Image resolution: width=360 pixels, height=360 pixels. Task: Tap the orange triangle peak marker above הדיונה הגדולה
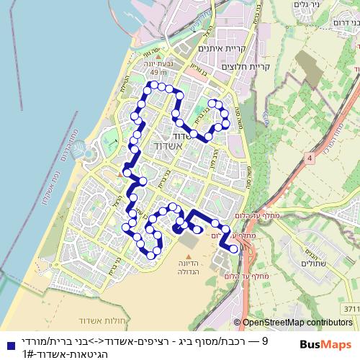(x=190, y=256)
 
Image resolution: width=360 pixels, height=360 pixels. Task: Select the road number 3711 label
(x=350, y=309)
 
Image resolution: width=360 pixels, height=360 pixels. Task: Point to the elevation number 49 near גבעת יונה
(x=154, y=73)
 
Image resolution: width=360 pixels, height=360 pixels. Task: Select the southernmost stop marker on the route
(x=151, y=254)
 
